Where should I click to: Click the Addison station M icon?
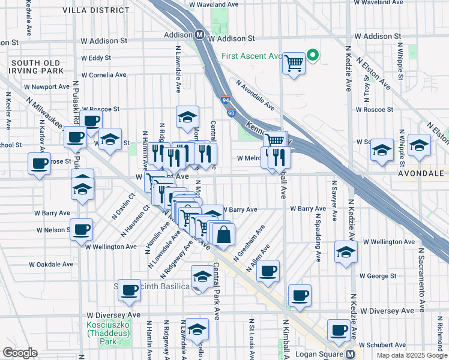coord(198,35)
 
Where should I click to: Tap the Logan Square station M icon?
coord(349,354)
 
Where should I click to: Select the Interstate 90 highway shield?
coord(232,112)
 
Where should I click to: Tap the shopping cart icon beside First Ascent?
coord(294,62)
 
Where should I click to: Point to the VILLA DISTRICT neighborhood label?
coord(98,9)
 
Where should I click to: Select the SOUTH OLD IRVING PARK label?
coord(35,67)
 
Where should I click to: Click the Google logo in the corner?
coord(20,353)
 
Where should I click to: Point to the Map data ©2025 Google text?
coord(411,355)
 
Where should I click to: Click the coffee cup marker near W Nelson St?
coord(82,229)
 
